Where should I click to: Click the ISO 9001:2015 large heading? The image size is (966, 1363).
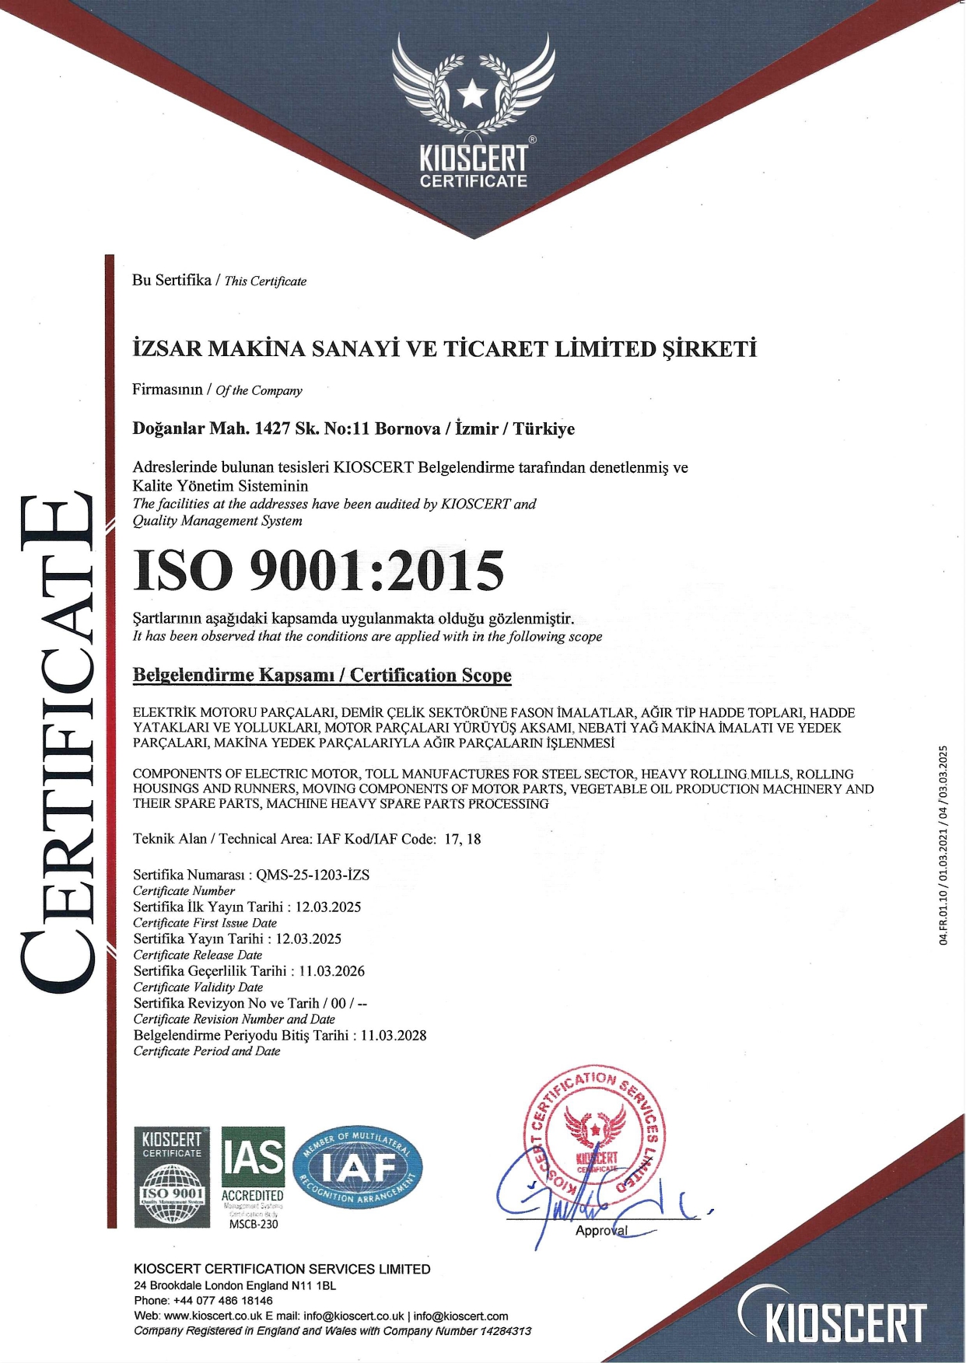(319, 571)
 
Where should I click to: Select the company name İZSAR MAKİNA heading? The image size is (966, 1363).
(444, 349)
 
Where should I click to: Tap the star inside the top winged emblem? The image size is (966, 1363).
(472, 96)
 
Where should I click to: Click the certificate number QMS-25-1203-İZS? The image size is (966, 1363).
(313, 875)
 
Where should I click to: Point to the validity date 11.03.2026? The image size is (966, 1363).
(331, 971)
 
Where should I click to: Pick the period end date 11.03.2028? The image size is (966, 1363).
(394, 1036)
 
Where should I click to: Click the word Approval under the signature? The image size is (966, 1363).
(601, 1231)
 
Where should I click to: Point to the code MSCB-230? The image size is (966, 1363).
(254, 1224)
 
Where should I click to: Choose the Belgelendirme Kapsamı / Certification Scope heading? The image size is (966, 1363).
(322, 675)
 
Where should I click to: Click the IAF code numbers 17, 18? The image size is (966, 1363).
(463, 839)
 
